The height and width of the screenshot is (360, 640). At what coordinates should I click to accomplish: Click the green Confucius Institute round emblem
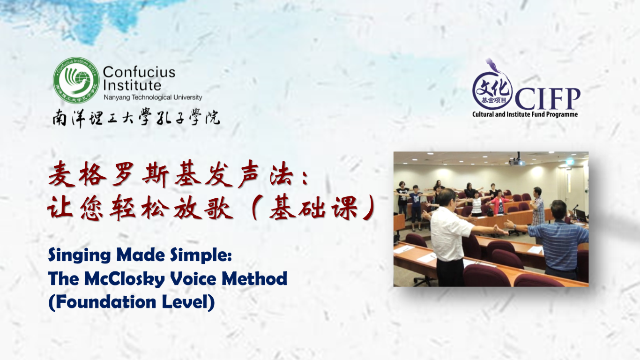(76, 80)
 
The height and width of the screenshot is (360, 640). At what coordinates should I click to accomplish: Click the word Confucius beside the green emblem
(139, 72)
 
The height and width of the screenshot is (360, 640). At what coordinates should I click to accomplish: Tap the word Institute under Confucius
(132, 85)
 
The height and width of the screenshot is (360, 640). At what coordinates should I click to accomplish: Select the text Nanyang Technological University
(153, 97)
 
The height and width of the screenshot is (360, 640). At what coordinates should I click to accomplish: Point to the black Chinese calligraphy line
(136, 118)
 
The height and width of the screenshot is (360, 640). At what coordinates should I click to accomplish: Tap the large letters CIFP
(547, 98)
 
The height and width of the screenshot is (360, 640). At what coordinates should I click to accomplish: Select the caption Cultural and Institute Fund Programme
(525, 114)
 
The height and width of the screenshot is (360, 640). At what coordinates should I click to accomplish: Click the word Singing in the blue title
(80, 255)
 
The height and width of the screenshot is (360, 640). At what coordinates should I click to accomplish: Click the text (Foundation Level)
(132, 302)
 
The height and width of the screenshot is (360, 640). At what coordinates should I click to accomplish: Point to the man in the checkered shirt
(538, 206)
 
